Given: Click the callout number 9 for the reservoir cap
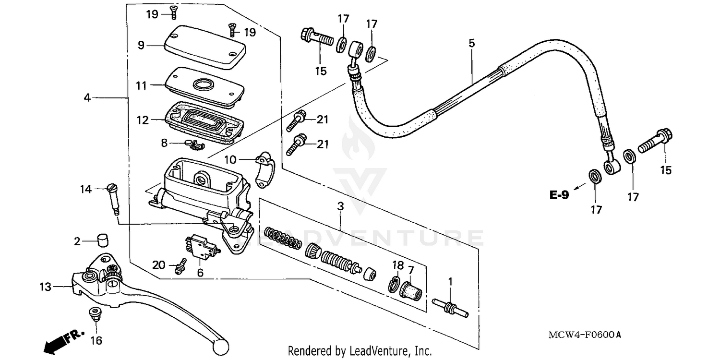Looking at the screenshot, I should pos(141,45).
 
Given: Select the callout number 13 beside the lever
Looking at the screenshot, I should pos(45,287).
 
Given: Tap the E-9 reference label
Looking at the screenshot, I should pos(559,195).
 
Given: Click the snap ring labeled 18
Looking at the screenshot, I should pos(393,284).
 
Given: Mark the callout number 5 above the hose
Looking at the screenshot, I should pos(472,43).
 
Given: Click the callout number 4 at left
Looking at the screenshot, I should pos(87,97).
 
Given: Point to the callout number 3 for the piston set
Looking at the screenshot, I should pos(340,207).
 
